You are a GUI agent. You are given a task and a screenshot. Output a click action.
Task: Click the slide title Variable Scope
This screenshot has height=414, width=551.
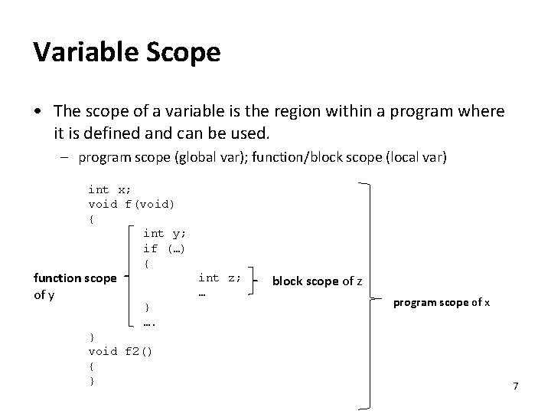pyautogui.click(x=127, y=53)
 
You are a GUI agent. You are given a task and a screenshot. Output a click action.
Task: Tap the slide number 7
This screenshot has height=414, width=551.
pyautogui.click(x=516, y=386)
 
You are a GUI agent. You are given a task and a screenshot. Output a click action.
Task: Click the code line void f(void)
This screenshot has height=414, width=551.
pyautogui.click(x=132, y=204)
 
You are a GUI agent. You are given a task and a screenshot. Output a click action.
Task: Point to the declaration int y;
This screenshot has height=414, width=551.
pyautogui.click(x=165, y=234)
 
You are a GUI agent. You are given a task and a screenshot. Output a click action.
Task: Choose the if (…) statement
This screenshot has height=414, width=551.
pyautogui.click(x=165, y=248)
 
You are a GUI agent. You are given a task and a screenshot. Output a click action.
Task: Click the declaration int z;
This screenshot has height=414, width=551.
pyautogui.click(x=220, y=278)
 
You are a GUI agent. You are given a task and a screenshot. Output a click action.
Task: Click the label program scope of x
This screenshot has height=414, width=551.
pyautogui.click(x=442, y=303)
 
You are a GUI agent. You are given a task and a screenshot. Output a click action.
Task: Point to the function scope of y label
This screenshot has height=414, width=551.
pyautogui.click(x=74, y=285)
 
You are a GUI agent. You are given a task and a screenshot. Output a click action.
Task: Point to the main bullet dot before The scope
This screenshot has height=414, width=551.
pyautogui.click(x=38, y=113)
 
